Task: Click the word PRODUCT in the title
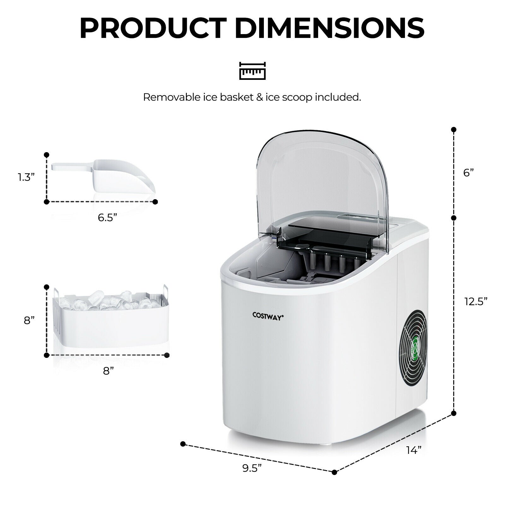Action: click(153, 28)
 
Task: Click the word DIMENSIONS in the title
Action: click(330, 28)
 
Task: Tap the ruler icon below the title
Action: click(252, 70)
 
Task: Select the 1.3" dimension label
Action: click(26, 177)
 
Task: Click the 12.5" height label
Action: click(476, 301)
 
